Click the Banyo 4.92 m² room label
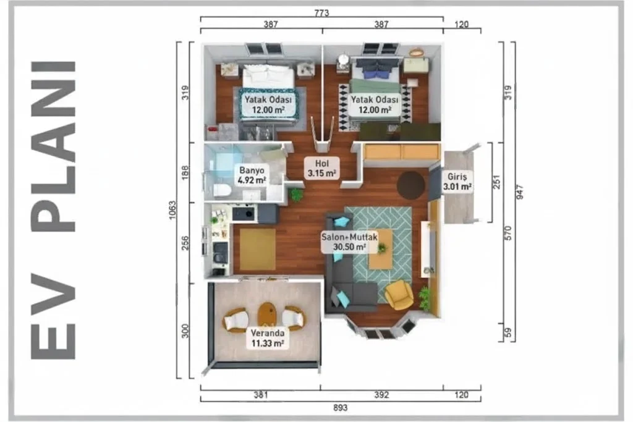pyautogui.click(x=251, y=175)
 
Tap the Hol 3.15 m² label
pyautogui.click(x=321, y=168)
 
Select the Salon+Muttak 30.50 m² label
pyautogui.click(x=349, y=242)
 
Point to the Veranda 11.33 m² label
pyautogui.click(x=267, y=338)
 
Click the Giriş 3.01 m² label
pyautogui.click(x=457, y=182)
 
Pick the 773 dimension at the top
pyautogui.click(x=321, y=13)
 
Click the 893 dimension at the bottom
pyautogui.click(x=341, y=408)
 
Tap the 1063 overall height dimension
pyautogui.click(x=172, y=210)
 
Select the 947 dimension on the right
pyautogui.click(x=519, y=192)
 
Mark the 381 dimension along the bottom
pyautogui.click(x=261, y=395)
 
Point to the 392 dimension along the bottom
pyautogui.click(x=381, y=395)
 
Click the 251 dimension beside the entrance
pyautogui.click(x=496, y=182)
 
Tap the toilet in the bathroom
pyautogui.click(x=221, y=190)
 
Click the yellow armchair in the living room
pyautogui.click(x=399, y=295)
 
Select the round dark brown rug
pyautogui.click(x=410, y=185)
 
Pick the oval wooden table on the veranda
pyautogui.click(x=267, y=315)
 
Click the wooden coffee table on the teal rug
pyautogui.click(x=380, y=248)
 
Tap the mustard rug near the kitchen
pyautogui.click(x=258, y=250)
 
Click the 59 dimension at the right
pyautogui.click(x=508, y=332)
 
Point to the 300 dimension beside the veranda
pyautogui.click(x=185, y=331)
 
